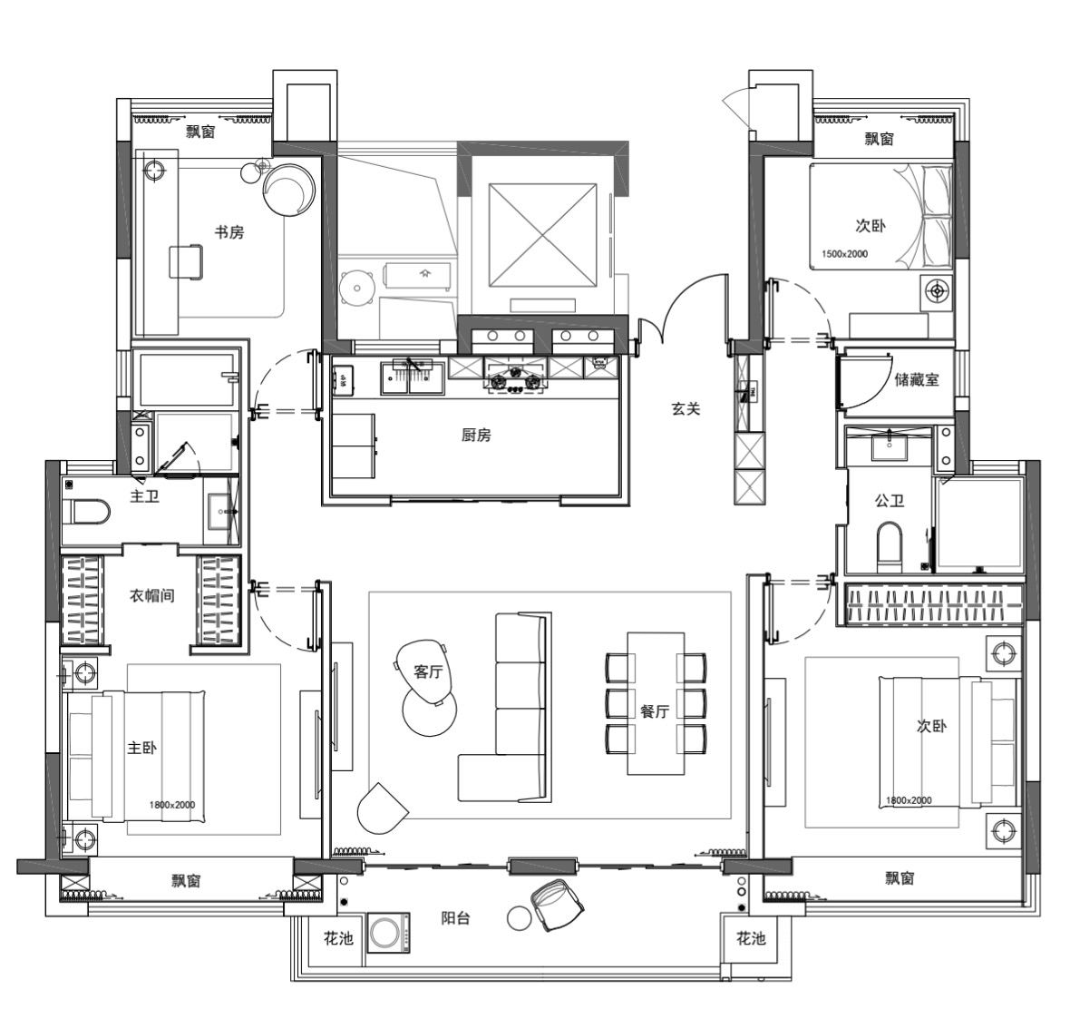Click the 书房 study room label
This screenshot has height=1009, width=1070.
click(229, 232)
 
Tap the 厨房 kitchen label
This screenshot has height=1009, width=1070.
click(476, 435)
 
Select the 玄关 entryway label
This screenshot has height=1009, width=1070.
click(686, 408)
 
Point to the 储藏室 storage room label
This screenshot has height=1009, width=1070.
click(917, 379)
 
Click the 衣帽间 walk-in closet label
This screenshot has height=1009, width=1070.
click(151, 595)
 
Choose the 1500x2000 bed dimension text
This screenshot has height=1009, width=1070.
click(845, 254)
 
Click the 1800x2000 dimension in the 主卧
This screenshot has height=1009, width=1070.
click(172, 805)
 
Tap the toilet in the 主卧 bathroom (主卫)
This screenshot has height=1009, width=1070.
click(86, 512)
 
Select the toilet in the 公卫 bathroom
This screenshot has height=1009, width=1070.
click(890, 547)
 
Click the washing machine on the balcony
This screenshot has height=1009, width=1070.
click(388, 933)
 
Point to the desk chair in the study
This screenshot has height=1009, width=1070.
click(186, 262)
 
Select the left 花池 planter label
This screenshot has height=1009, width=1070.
click(338, 939)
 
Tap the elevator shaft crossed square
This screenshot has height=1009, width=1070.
click(542, 236)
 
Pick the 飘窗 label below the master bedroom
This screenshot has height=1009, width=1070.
click(186, 881)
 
